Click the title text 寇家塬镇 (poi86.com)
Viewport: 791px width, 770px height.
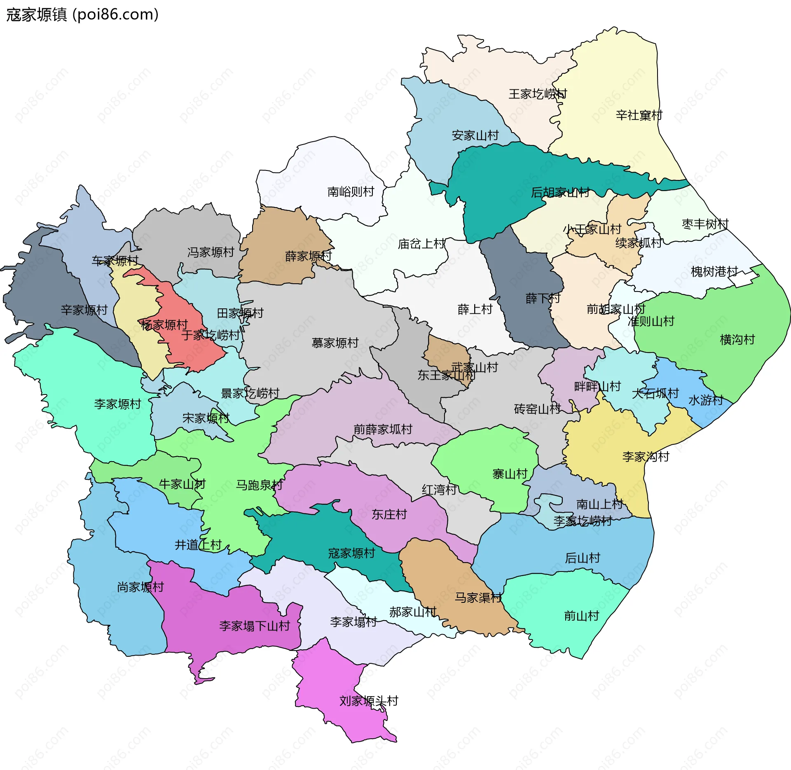82,15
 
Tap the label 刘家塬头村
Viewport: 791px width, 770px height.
369,700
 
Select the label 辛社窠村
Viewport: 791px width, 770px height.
639,115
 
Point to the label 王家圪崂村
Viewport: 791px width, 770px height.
538,94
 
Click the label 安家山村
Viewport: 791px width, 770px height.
475,135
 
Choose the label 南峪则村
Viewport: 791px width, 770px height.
351,191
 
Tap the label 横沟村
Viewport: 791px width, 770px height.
737,339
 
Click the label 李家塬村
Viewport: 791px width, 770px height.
117,404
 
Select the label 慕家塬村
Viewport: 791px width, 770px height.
335,343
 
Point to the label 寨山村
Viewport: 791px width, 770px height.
510,474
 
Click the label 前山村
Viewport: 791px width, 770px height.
581,616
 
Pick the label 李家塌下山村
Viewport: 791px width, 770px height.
255,626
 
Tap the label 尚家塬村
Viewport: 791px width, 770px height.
140,587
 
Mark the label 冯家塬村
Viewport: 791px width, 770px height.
211,252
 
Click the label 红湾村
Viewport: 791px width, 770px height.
439,490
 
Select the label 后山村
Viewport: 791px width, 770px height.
583,558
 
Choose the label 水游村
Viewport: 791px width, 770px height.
706,400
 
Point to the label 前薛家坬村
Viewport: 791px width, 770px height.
383,429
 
